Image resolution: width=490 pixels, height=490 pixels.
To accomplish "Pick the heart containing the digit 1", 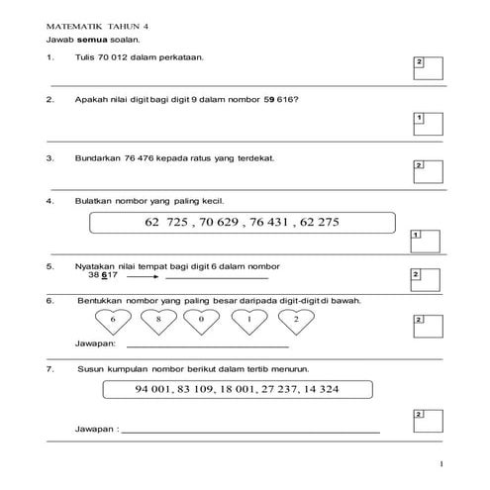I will point(248,322).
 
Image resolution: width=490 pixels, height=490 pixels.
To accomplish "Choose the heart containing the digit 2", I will point(293,322).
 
